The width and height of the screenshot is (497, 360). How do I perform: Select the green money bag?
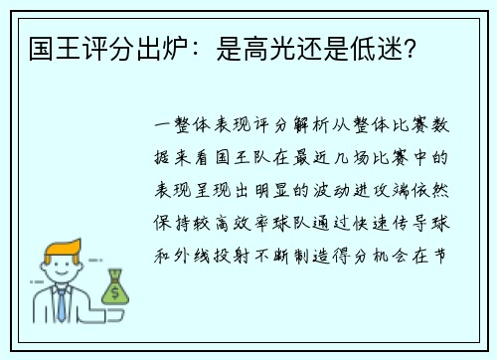pyautogui.click(x=115, y=289)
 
